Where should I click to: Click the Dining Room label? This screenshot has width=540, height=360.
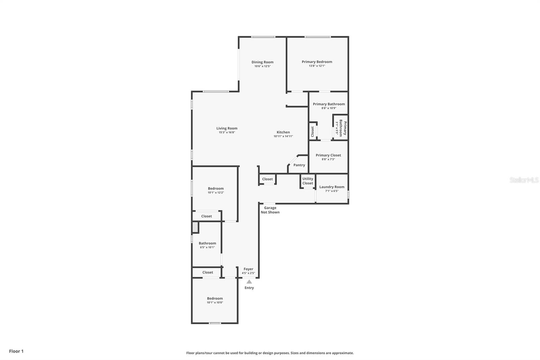pyautogui.click(x=262, y=62)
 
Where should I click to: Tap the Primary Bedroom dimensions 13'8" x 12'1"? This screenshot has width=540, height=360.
pyautogui.click(x=317, y=66)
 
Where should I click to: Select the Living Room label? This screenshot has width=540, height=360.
pyautogui.click(x=227, y=128)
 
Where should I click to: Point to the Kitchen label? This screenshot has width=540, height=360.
pyautogui.click(x=283, y=132)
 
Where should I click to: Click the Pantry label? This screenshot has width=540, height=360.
pyautogui.click(x=299, y=165)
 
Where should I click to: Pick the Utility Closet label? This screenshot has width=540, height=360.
pyautogui.click(x=307, y=181)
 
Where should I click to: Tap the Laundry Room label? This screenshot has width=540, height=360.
pyautogui.click(x=332, y=187)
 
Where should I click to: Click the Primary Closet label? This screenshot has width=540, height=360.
pyautogui.click(x=328, y=155)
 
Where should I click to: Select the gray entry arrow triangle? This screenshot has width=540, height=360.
pyautogui.click(x=249, y=282)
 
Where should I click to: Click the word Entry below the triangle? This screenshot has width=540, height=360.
pyautogui.click(x=249, y=288)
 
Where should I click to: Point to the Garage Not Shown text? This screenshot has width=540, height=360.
pyautogui.click(x=270, y=210)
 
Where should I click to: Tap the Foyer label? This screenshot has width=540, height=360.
pyautogui.click(x=248, y=269)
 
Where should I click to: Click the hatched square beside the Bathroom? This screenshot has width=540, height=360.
pyautogui.click(x=195, y=227)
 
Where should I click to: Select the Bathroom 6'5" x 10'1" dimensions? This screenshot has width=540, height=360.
pyautogui.click(x=207, y=247)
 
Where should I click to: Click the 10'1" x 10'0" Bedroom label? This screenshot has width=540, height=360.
pyautogui.click(x=215, y=299)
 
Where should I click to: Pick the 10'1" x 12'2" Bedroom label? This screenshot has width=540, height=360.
pyautogui.click(x=216, y=188)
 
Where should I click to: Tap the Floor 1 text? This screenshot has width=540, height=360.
pyautogui.click(x=16, y=351)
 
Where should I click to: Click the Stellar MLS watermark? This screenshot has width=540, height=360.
pyautogui.click(x=524, y=180)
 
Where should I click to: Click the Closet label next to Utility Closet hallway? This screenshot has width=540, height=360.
pyautogui.click(x=267, y=179)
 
